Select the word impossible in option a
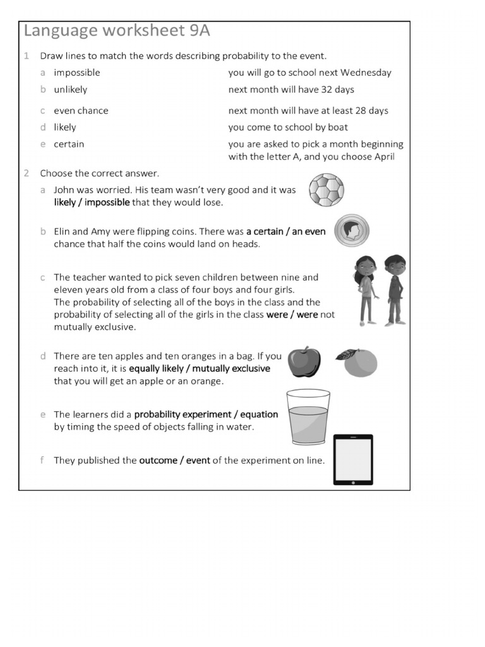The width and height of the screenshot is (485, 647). (76, 73)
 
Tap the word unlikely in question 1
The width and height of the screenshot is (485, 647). (70, 90)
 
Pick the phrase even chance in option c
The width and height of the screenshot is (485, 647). (81, 111)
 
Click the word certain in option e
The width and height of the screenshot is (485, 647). (69, 144)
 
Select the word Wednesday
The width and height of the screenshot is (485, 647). (366, 73)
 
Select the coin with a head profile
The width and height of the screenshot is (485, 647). (351, 231)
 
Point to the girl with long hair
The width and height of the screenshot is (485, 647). (366, 288)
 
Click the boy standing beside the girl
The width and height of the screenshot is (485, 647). (395, 288)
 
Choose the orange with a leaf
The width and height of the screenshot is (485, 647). (357, 363)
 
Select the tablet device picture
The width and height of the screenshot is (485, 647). (352, 459)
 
